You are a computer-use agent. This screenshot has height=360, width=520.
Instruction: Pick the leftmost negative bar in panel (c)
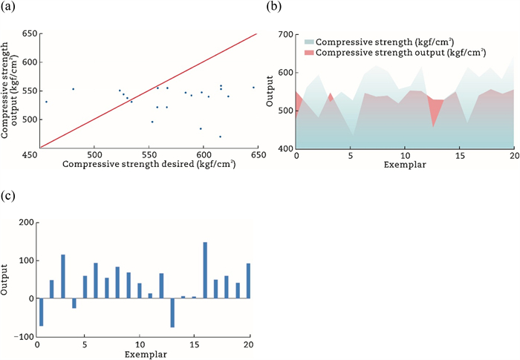pos(42,312)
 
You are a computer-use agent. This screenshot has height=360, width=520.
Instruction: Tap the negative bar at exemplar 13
pos(172,312)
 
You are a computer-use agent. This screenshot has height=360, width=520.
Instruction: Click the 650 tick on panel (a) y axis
pos(30,34)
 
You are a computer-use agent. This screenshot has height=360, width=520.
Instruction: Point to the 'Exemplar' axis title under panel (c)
pos(143,355)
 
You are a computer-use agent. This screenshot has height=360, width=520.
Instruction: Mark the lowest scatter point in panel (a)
pos(220,137)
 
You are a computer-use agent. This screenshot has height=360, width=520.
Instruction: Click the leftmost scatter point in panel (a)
pos(46,102)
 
